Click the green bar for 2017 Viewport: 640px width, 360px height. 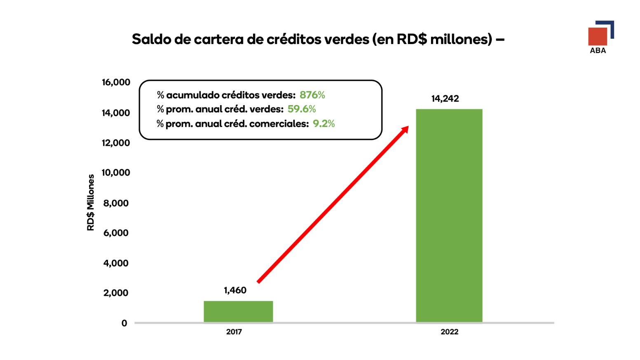click(x=238, y=311)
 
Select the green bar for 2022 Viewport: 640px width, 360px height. click(x=449, y=215)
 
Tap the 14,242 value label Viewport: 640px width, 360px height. click(x=445, y=98)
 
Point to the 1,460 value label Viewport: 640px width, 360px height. click(x=235, y=290)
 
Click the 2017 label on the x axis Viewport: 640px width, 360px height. click(x=234, y=332)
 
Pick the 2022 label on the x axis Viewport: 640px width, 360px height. click(x=450, y=332)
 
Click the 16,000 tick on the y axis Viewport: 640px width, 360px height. click(x=116, y=82)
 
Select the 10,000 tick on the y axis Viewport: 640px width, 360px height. click(x=116, y=173)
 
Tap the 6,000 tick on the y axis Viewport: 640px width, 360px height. click(x=116, y=233)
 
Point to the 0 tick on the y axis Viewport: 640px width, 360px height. click(x=124, y=323)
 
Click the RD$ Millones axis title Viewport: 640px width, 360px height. click(x=91, y=202)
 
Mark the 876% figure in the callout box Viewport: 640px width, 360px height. click(x=312, y=95)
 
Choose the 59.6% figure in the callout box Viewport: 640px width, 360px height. click(x=302, y=109)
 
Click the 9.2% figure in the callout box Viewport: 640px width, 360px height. click(x=324, y=124)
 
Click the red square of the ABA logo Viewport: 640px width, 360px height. click(x=598, y=37)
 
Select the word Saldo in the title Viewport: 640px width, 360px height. click(x=151, y=39)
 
